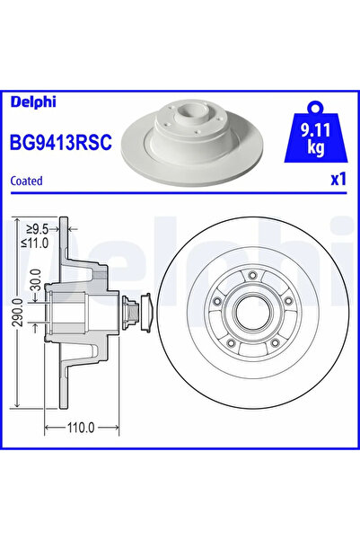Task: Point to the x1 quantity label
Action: click(x=338, y=180)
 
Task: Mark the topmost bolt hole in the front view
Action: click(x=253, y=275)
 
